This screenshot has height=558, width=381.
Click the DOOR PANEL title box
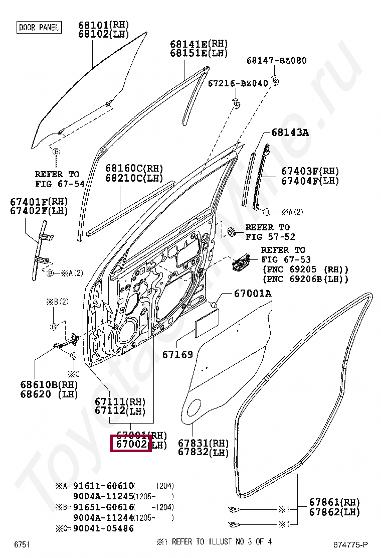[39, 28]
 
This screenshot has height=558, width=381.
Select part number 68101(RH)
[103, 25]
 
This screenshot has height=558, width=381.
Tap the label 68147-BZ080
[276, 61]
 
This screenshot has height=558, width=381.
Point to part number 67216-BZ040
[238, 83]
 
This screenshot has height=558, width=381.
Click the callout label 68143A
[290, 133]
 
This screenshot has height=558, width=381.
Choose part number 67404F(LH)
[310, 181]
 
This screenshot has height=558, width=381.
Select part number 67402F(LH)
[39, 211]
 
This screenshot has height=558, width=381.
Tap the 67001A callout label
[253, 294]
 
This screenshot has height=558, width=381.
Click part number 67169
[177, 355]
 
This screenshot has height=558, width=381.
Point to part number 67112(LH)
[120, 411]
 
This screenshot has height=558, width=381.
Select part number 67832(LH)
[203, 453]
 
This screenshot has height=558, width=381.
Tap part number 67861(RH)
[334, 502]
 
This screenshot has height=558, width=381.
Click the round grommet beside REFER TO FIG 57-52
[232, 232]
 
